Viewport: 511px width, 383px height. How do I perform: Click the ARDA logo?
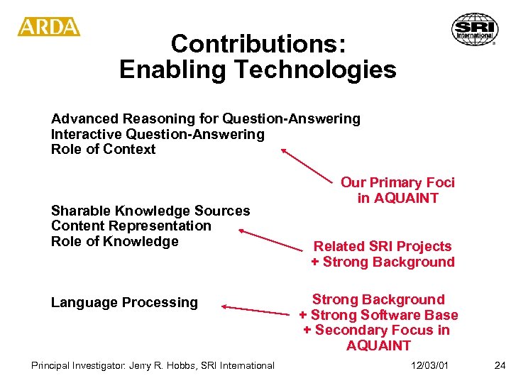tap(49, 27)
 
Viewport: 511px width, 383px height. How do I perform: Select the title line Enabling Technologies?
tap(258, 70)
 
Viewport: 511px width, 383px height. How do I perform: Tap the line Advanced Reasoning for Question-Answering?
tap(205, 118)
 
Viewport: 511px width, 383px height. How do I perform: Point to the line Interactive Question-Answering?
tap(157, 134)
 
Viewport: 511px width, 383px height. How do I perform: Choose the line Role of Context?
tap(103, 149)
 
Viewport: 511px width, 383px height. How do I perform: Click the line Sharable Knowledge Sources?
tap(150, 211)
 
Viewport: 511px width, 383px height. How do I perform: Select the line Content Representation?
tap(131, 226)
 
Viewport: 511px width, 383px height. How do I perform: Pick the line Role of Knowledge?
tap(114, 241)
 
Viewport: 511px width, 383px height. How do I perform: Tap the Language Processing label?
tap(124, 302)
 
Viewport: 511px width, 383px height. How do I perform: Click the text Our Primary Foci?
tap(397, 182)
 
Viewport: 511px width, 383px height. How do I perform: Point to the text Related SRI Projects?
tap(383, 246)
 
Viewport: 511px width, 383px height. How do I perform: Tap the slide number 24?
tap(500, 365)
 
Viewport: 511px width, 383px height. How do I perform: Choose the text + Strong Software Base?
tap(378, 315)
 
